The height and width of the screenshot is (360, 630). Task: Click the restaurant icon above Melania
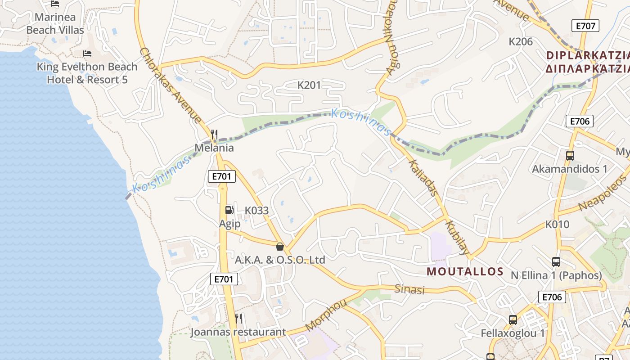point(214,135)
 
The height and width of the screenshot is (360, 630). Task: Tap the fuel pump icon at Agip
point(229,210)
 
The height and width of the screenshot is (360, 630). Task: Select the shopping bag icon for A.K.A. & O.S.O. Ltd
point(280,247)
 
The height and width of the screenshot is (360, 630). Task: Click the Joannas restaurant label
point(238,332)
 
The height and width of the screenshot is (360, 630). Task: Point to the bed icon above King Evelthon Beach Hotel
point(87,54)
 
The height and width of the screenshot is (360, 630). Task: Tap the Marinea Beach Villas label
point(55,24)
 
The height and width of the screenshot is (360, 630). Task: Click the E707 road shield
point(585,26)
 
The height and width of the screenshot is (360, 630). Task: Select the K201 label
point(309,85)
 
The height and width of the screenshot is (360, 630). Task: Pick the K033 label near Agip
point(256,210)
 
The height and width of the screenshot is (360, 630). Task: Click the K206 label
point(521,41)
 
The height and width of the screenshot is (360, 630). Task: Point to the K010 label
point(557,224)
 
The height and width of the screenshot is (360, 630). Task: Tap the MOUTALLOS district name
point(465,271)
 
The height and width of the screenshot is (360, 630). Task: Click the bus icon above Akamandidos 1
point(570,156)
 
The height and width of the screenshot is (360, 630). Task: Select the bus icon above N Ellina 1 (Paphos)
point(556,262)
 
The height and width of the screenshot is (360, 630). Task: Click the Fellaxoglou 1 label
point(513,333)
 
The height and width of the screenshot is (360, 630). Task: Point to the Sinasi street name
point(409,289)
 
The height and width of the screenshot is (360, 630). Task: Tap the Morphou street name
point(326,315)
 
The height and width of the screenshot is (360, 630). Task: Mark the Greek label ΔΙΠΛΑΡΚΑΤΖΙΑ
point(587,69)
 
